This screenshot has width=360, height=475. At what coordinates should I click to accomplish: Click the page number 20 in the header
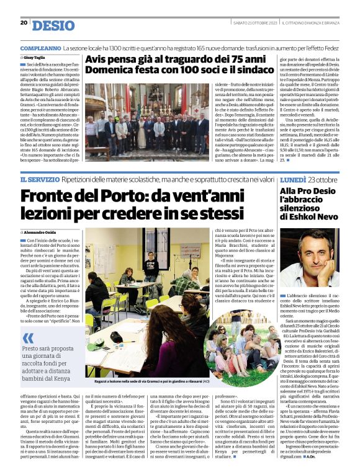point(24,23)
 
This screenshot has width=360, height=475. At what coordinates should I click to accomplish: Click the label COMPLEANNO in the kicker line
point(40,48)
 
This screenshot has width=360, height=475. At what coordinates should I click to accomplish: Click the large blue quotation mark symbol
point(29,338)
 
